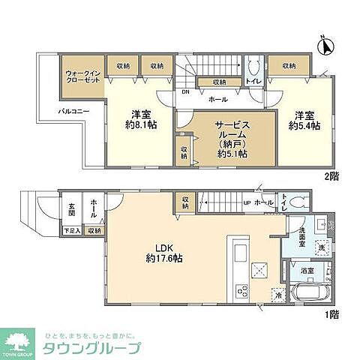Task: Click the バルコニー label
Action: pyautogui.click(x=76, y=112)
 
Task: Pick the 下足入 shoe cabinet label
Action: pyautogui.click(x=71, y=232)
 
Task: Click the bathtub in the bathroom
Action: pyautogui.click(x=307, y=292)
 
